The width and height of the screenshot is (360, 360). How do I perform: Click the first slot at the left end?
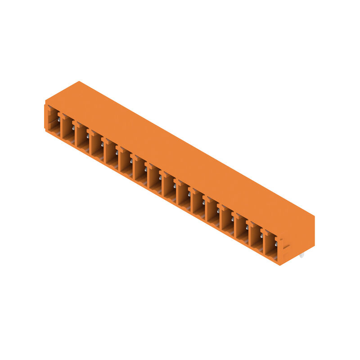[53, 119]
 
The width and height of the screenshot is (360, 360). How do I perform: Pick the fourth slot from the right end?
[227, 220]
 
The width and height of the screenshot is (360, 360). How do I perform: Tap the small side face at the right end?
[297, 236]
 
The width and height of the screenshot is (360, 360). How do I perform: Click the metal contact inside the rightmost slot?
[275, 243]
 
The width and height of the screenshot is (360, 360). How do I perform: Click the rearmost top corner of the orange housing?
[80, 82]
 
